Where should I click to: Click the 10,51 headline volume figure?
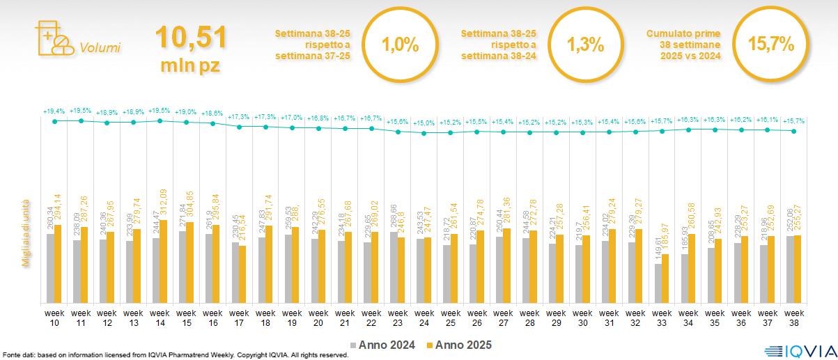click(x=190, y=38)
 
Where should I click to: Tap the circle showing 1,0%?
click(x=400, y=45)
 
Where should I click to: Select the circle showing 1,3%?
click(x=584, y=45)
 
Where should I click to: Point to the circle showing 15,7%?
click(x=770, y=45)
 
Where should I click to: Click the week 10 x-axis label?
click(x=53, y=317)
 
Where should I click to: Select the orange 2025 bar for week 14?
click(x=164, y=261)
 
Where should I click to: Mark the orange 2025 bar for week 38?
click(x=798, y=269)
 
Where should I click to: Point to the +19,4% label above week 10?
click(x=54, y=111)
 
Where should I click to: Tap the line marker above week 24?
click(x=424, y=132)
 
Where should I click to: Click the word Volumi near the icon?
click(x=100, y=48)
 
